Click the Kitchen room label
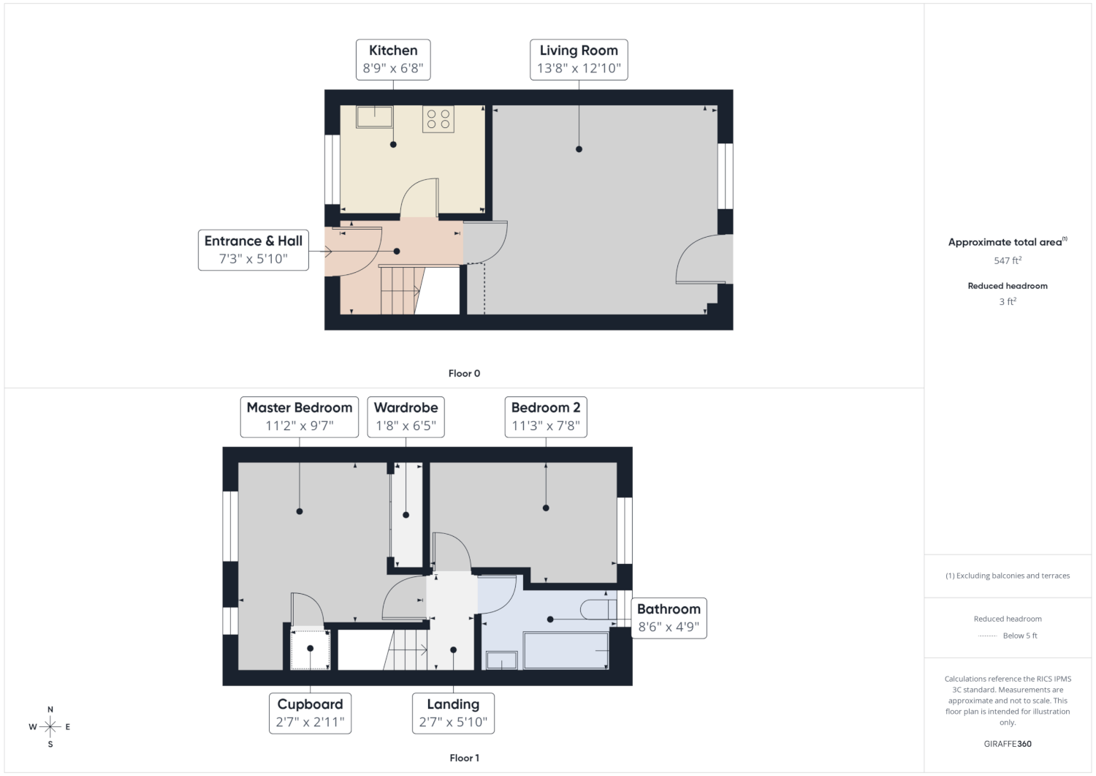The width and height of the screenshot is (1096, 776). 393,50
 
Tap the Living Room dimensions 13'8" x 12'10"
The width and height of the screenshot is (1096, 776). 579,68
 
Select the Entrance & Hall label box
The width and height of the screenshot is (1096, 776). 254,250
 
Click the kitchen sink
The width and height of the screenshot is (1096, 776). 374,116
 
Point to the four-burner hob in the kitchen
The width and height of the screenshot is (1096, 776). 438,119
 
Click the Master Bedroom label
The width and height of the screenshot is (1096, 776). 300,407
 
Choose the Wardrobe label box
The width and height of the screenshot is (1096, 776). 406,417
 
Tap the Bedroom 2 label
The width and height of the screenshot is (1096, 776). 546,407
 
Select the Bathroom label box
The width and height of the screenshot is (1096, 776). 669,618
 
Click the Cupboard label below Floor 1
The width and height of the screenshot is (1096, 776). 311,704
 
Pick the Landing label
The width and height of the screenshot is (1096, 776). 453,704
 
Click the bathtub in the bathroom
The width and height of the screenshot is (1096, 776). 566,651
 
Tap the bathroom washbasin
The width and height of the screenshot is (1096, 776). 501,660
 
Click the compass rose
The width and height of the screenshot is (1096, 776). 50,726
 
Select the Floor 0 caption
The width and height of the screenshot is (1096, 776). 464,373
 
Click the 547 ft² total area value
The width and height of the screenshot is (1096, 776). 1008,260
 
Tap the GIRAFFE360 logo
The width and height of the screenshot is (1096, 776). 1008,744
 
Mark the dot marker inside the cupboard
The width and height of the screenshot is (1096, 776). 311,648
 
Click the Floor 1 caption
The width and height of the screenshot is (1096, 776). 464,758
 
